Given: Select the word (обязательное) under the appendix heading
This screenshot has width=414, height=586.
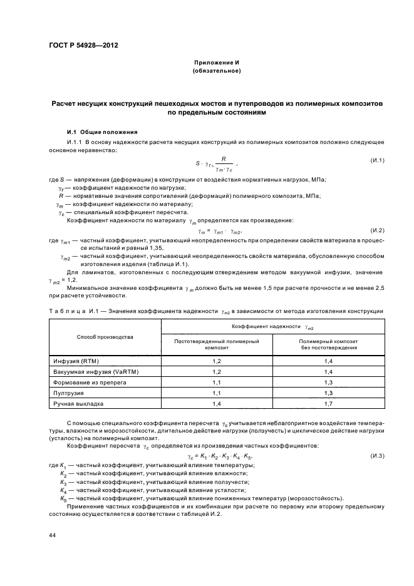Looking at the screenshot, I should pos(216,71).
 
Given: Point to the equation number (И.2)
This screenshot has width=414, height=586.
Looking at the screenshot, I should pos(376,231).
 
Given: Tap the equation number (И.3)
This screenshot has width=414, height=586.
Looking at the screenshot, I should pos(376,454).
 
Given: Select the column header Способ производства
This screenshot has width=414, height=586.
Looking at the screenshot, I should pos(105,337).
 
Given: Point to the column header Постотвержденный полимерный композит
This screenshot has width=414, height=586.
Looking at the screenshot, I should pos(217,343).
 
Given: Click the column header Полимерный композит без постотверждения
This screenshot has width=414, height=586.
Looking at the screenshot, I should pos(328,343).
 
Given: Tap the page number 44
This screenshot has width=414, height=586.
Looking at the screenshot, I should pos(53,536).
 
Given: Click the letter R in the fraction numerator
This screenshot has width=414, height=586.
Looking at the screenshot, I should pos(222,159).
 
